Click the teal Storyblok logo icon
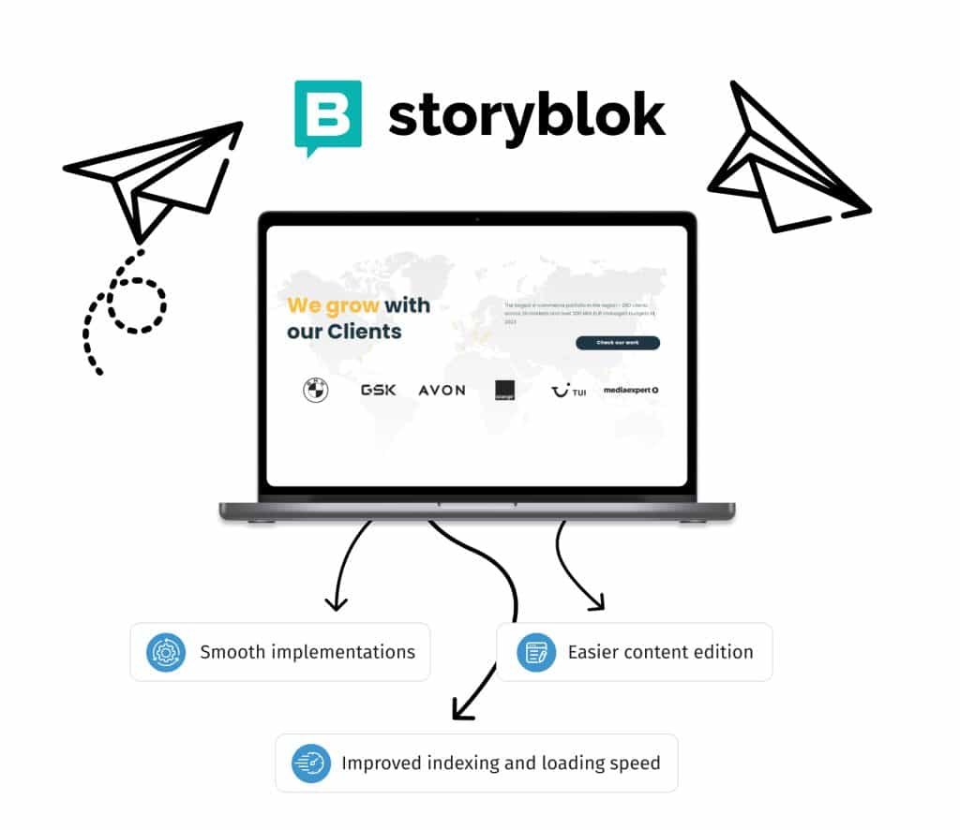[327, 115]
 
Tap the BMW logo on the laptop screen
[316, 391]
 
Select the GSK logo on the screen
[379, 390]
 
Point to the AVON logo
[442, 390]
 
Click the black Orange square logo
[505, 390]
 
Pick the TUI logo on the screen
[568, 391]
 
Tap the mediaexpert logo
[630, 390]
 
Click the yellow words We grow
[333, 305]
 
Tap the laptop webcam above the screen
[477, 219]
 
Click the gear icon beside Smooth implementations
[166, 652]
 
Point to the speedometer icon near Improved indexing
[310, 763]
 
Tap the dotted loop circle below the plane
[137, 305]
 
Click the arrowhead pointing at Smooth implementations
[335, 602]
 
